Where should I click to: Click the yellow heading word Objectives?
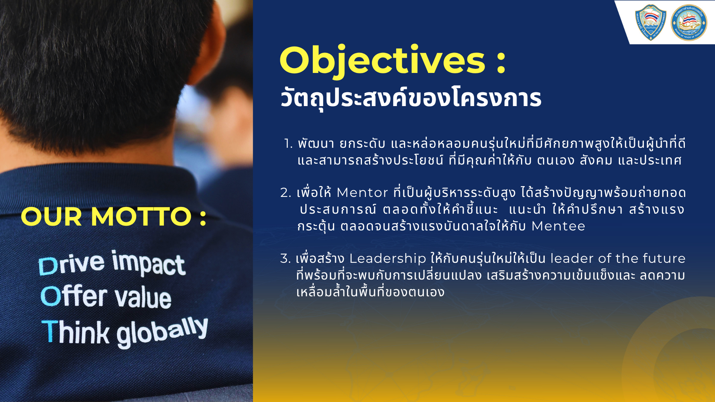click(x=382, y=61)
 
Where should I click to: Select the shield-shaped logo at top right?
click(x=651, y=22)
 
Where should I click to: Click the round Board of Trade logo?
click(x=689, y=22)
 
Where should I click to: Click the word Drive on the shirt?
click(x=71, y=264)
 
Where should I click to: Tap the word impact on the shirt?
click(x=149, y=263)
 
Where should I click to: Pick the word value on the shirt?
click(x=143, y=297)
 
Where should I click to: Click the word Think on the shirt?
click(x=76, y=332)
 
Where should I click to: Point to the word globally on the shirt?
click(x=162, y=332)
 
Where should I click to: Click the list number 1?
click(x=288, y=144)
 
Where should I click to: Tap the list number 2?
click(x=286, y=193)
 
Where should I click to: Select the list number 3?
click(x=285, y=258)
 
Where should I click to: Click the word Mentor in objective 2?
click(x=362, y=193)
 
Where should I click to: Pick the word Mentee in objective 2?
click(x=558, y=226)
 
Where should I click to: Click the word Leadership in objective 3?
click(x=388, y=258)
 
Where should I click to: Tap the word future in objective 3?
click(x=664, y=258)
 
